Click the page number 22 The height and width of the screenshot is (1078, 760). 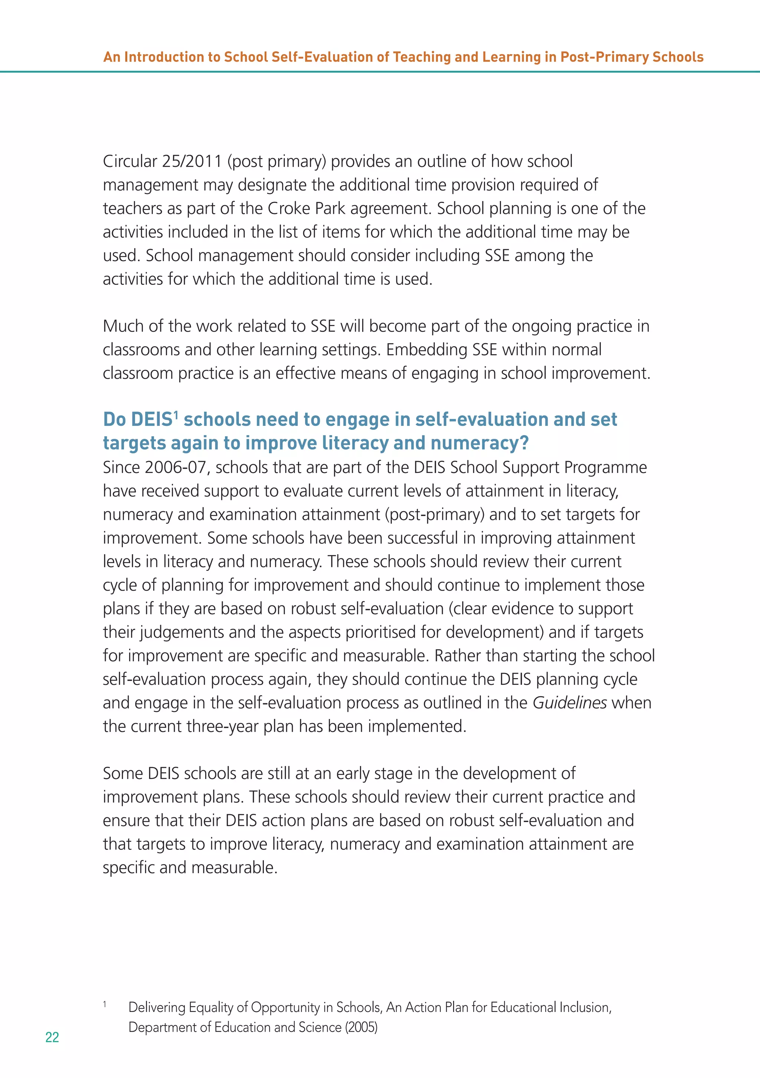coord(52,1037)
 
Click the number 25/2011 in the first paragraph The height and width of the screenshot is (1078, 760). coord(191,161)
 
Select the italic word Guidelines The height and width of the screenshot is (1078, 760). coord(569,703)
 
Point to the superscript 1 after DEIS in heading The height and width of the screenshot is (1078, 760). coord(176,415)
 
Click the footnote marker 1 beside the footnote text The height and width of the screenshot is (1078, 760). coord(105,1004)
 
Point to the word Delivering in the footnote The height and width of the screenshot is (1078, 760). coord(157,1007)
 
